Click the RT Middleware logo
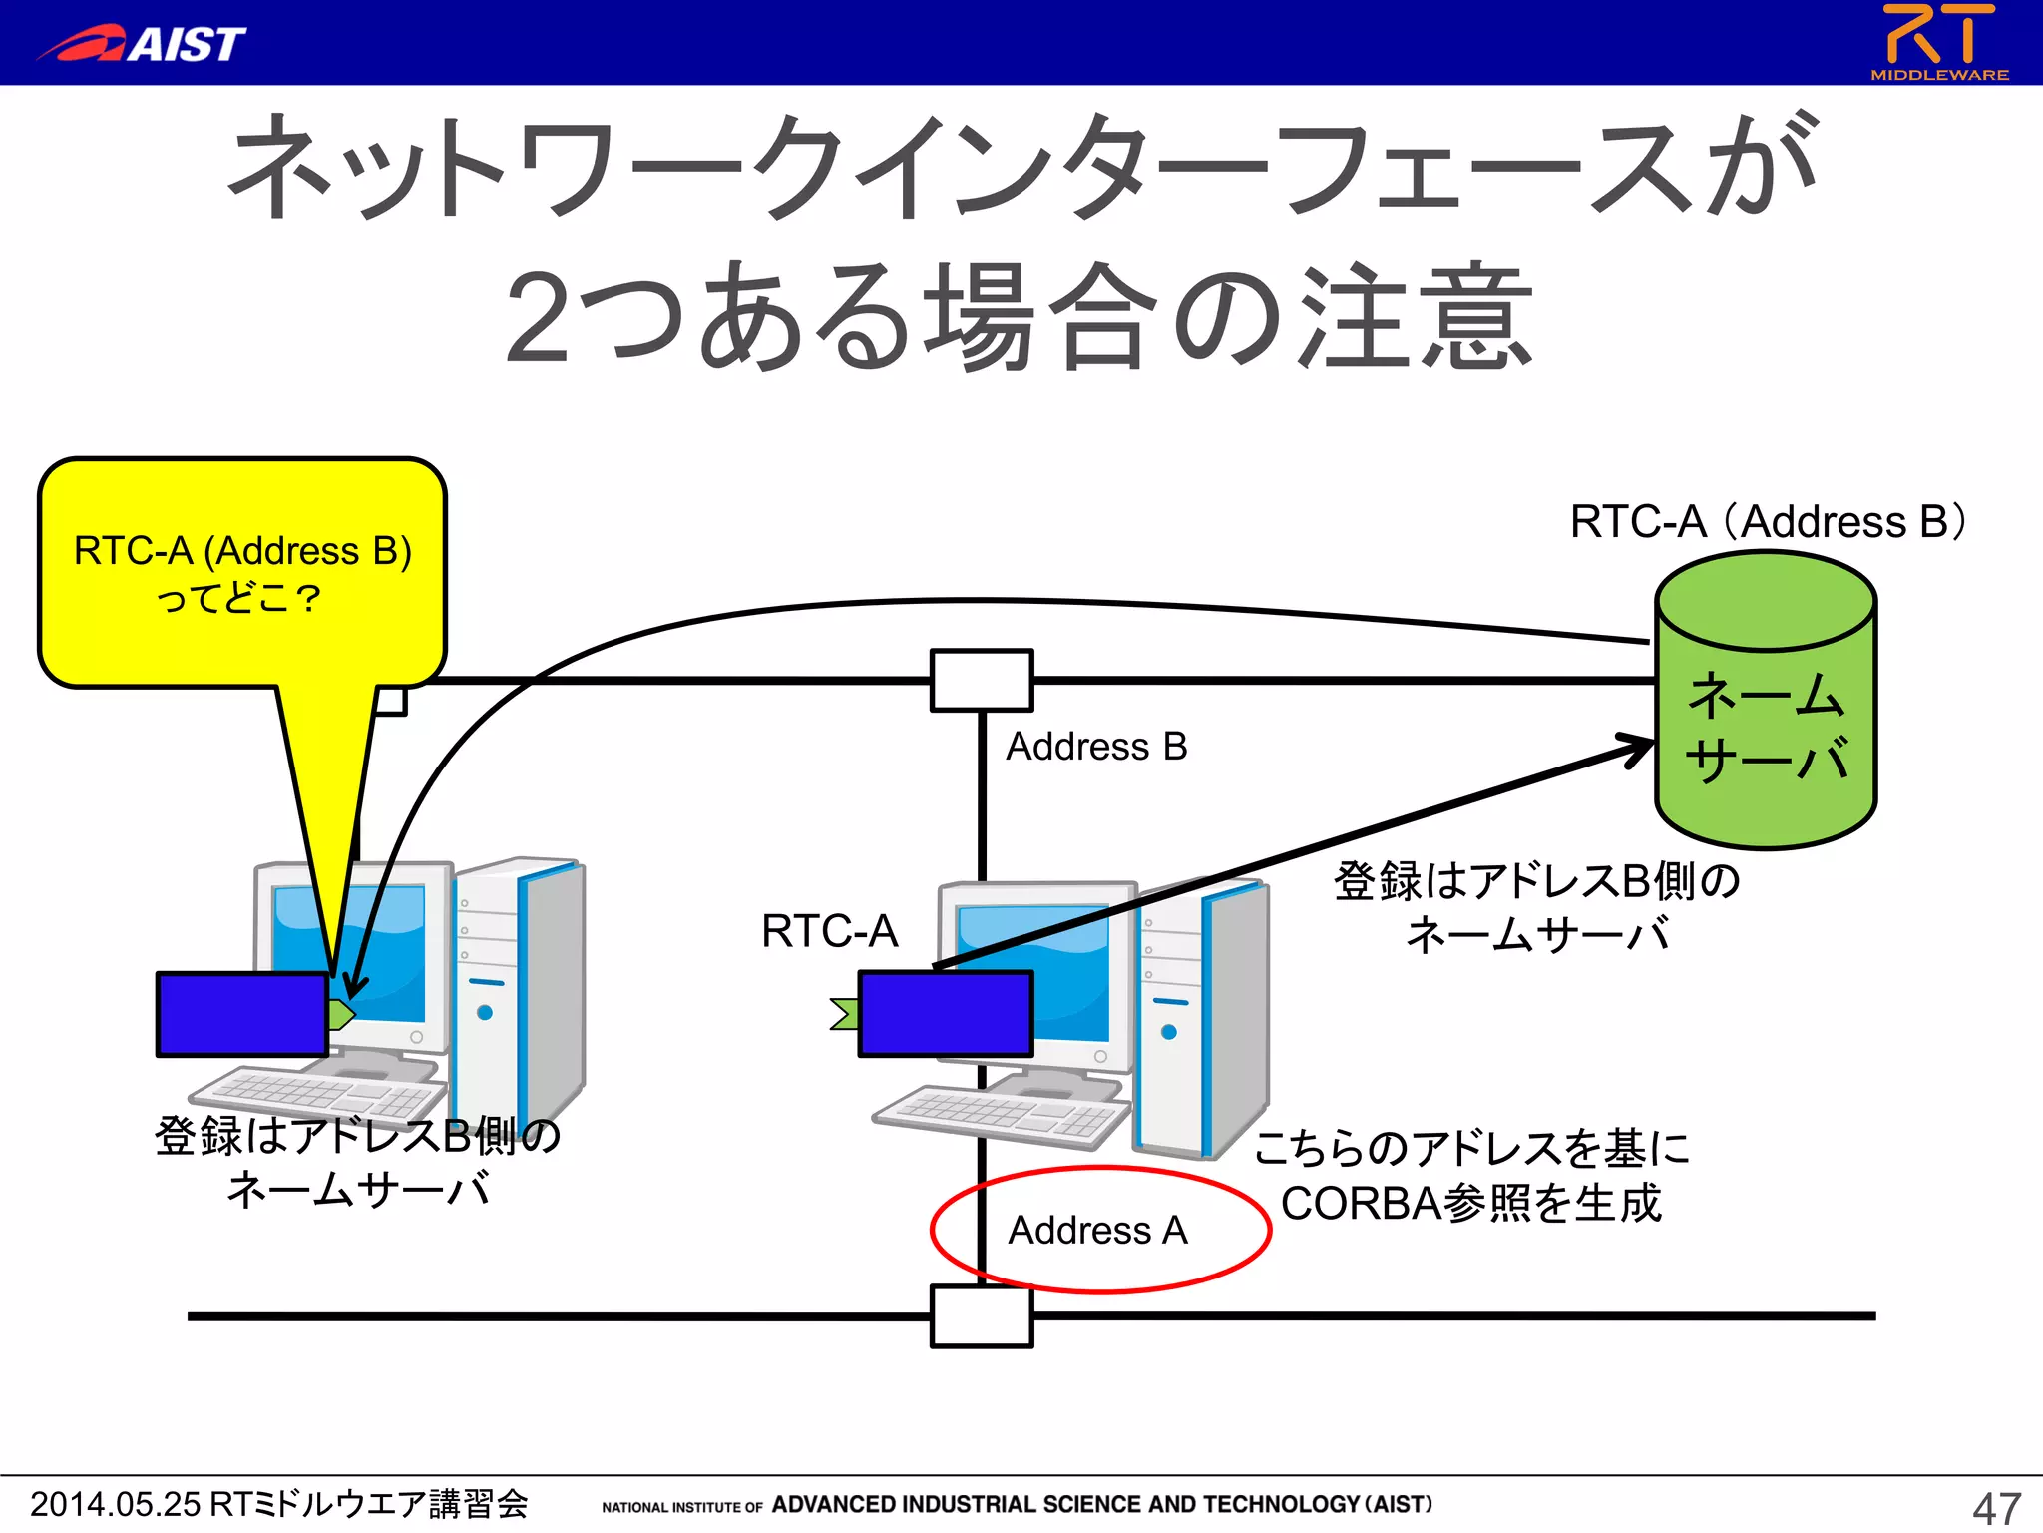coord(1938,41)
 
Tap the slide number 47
coord(1996,1507)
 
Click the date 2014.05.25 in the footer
coord(116,1504)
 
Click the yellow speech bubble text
coord(242,574)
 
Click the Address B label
coord(1096,747)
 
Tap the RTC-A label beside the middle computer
coord(829,931)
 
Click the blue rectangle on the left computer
coord(242,1014)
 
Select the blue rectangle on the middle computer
coord(945,1014)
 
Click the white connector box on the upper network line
coord(982,681)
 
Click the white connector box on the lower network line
coord(982,1316)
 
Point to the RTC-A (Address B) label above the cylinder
coord(1767,521)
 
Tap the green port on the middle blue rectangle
coord(846,1014)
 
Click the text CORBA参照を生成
coord(1470,1204)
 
